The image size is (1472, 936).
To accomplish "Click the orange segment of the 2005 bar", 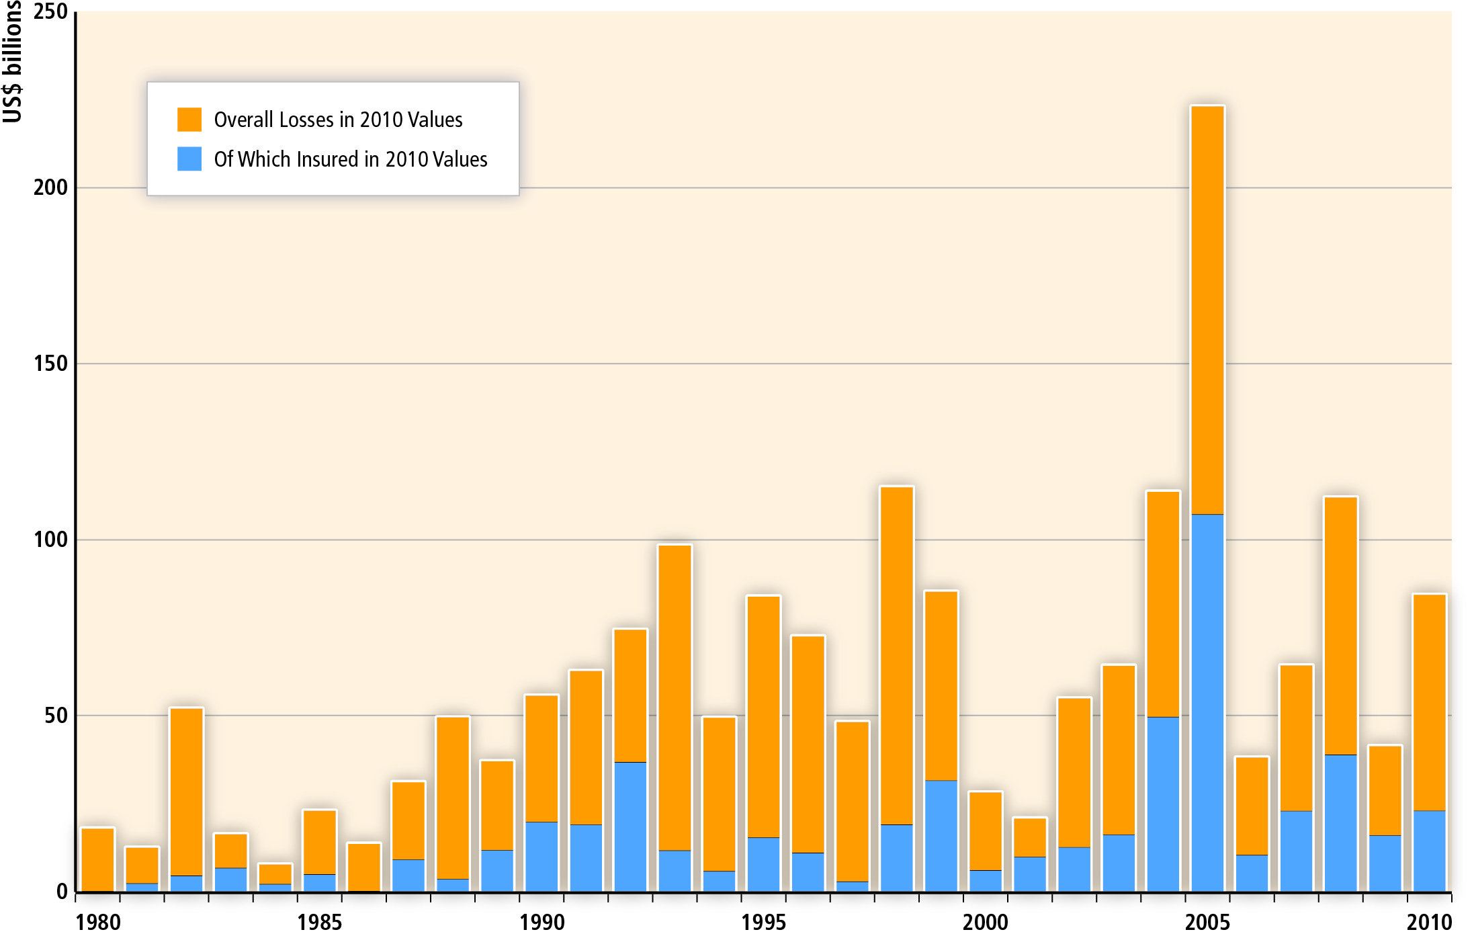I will (1207, 309).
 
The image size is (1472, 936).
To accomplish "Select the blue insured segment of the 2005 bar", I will (1207, 702).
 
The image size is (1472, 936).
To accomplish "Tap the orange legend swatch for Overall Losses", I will (189, 120).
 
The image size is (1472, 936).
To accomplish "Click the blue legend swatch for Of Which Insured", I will (189, 159).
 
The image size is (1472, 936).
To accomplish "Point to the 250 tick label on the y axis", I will (50, 12).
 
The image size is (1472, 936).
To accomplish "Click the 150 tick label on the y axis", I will (50, 364).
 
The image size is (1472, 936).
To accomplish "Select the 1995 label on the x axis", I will (763, 922).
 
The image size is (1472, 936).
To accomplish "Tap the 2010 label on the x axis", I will (1429, 922).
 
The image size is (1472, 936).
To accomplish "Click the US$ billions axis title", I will (12, 62).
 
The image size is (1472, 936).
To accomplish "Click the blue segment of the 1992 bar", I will (630, 826).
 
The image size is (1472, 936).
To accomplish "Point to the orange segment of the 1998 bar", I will (896, 655).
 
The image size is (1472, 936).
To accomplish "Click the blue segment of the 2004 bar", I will (1163, 804).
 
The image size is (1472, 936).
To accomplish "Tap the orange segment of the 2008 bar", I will (1340, 625).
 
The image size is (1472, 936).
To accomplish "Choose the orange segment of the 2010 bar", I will (1429, 702).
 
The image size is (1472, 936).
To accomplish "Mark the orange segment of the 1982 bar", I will (186, 792).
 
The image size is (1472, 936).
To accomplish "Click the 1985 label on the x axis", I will (319, 922).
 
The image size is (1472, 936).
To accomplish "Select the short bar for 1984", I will (275, 877).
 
